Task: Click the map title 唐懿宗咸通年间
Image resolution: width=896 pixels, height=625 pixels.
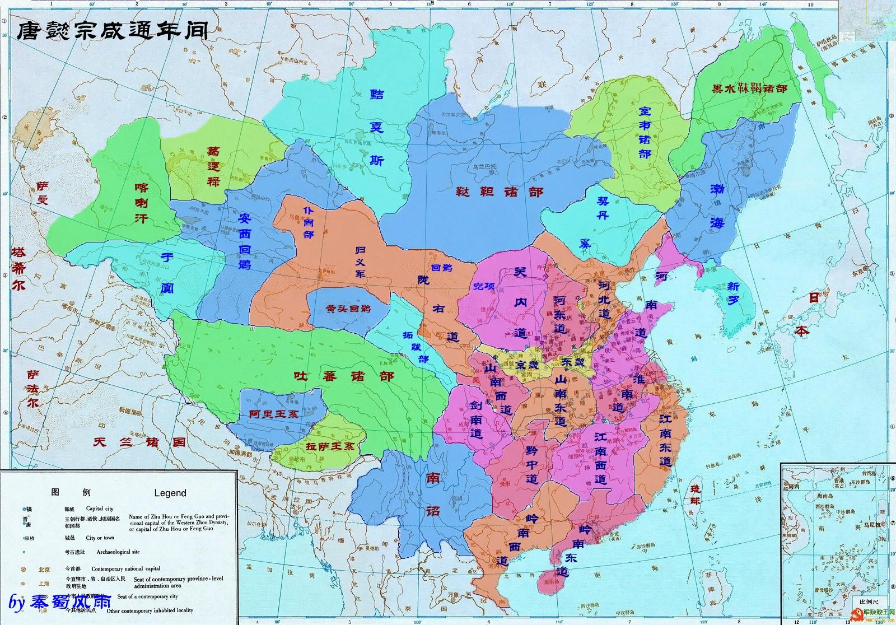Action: coord(112,31)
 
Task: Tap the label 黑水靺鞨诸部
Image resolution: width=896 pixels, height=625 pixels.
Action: coord(749,88)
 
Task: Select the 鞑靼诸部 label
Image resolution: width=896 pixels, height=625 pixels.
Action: coord(498,192)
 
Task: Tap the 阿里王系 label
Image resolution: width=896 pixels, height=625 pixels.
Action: coord(274,414)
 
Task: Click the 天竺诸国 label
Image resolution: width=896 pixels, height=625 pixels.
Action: coord(139,442)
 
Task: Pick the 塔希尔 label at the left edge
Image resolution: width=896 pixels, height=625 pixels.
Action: coord(18,268)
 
